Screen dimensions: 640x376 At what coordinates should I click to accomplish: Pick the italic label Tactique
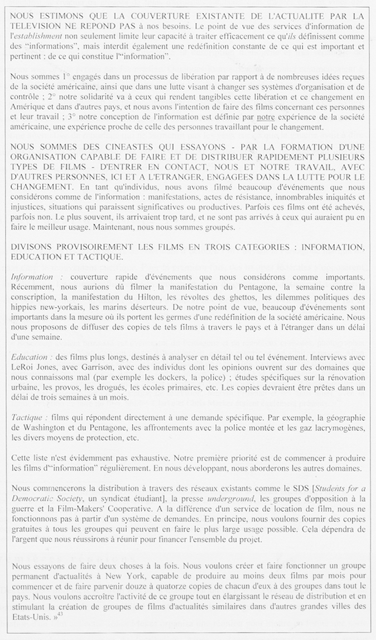pyautogui.click(x=27, y=418)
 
